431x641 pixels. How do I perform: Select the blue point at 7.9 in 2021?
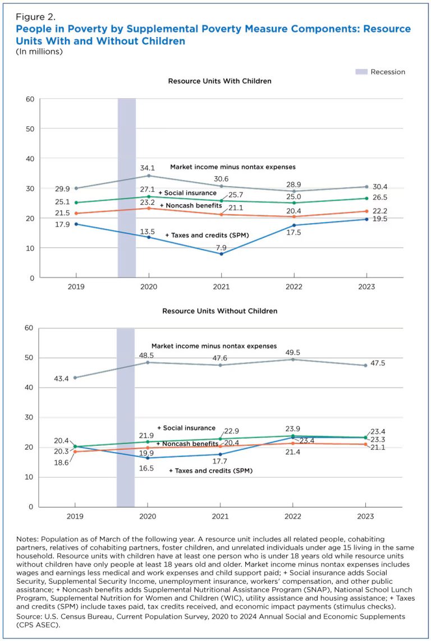[221, 254]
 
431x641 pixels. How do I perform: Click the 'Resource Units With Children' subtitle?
[219, 81]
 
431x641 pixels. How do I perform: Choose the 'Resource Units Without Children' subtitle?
[219, 311]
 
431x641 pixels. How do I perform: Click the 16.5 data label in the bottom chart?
[148, 468]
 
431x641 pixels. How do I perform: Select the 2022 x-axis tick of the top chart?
[294, 287]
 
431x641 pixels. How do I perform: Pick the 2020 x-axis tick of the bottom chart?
[148, 516]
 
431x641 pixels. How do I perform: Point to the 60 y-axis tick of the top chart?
[30, 99]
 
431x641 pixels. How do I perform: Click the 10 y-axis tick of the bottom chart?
[30, 477]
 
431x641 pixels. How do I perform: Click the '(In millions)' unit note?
[39, 52]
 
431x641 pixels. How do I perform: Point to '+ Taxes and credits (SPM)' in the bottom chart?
[210, 471]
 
